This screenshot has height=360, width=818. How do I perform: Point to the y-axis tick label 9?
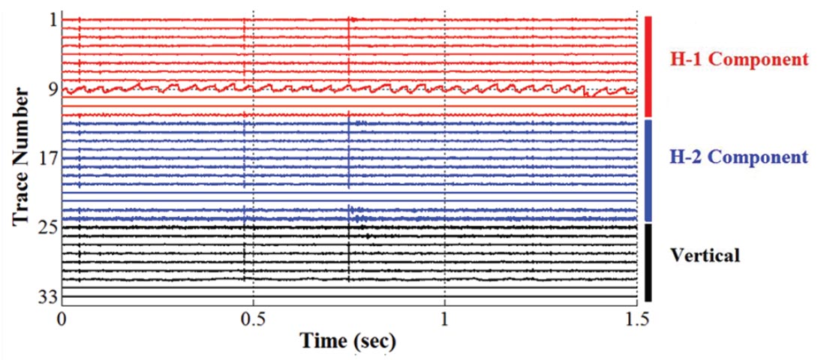52,89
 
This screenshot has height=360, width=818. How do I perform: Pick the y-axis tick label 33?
48,297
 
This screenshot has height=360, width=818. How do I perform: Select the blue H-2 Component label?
736,157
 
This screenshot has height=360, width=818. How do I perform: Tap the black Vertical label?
706,255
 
